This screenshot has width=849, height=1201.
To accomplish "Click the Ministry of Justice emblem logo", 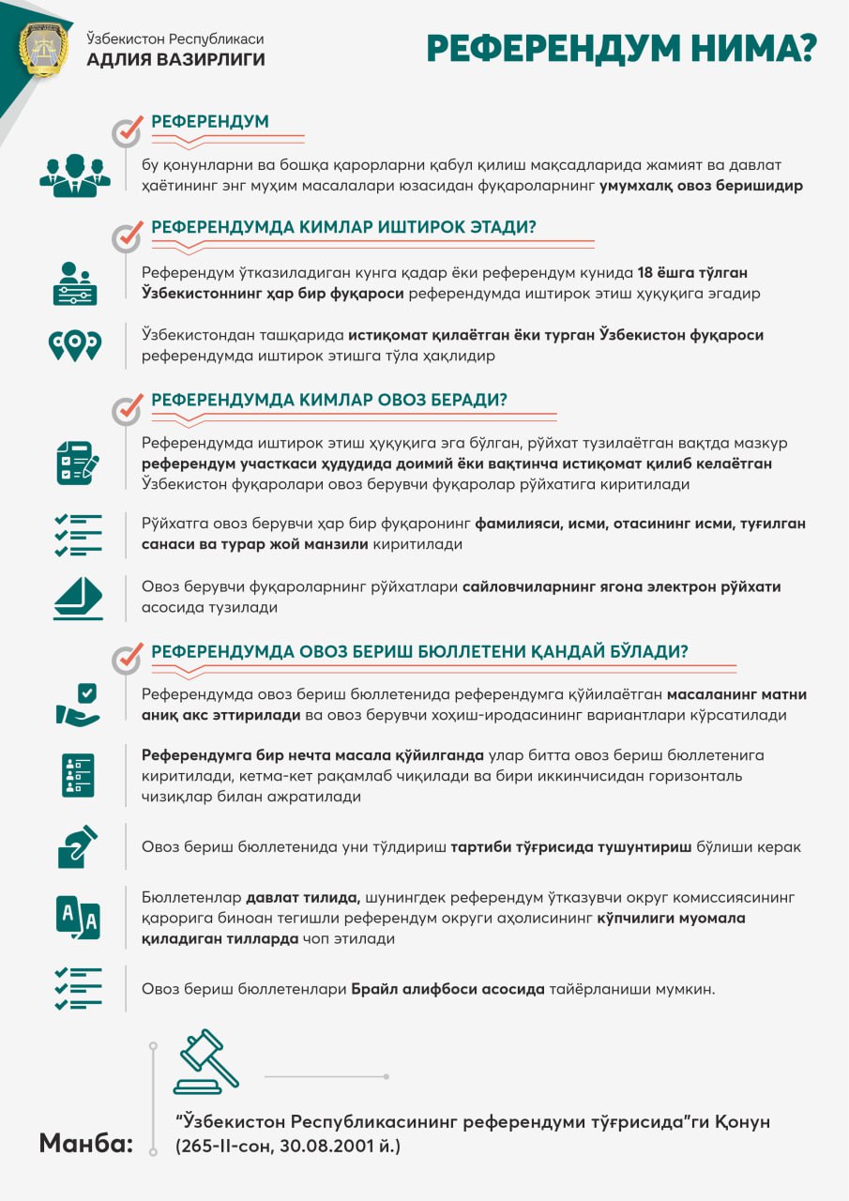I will pyautogui.click(x=43, y=50).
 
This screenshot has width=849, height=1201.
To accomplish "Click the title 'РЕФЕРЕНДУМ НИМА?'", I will pyautogui.click(x=621, y=49).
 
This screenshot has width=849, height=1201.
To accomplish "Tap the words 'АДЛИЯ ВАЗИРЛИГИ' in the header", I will pyautogui.click(x=175, y=60).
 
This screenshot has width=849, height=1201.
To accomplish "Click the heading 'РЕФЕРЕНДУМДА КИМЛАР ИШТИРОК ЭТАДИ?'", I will pyautogui.click(x=343, y=227).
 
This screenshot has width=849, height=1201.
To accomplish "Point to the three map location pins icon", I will pyautogui.click(x=75, y=344).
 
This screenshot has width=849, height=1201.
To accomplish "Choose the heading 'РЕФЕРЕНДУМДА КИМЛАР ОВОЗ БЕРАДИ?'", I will pyautogui.click(x=328, y=400).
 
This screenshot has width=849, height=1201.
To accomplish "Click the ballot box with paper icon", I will pyautogui.click(x=77, y=597).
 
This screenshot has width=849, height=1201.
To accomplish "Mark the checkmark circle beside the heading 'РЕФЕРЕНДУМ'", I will pyautogui.click(x=127, y=132).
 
